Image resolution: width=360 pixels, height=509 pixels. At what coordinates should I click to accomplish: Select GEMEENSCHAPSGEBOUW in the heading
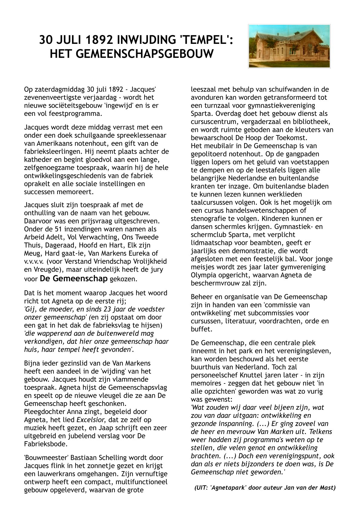pyautogui.click(x=132, y=54)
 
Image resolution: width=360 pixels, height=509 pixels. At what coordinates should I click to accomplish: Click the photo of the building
pyautogui.click(x=289, y=46)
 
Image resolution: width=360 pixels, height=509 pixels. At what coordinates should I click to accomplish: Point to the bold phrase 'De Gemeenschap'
pyautogui.click(x=74, y=278)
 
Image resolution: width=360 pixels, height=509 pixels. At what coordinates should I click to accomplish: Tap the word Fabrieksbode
pyautogui.click(x=45, y=444)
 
